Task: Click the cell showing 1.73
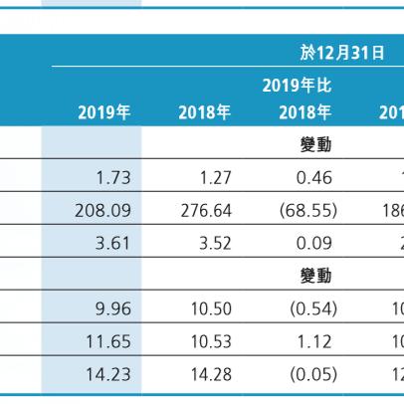[111, 181]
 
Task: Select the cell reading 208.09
[103, 212]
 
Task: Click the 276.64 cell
[203, 212]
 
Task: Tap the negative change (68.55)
[309, 212]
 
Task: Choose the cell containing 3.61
[111, 243]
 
